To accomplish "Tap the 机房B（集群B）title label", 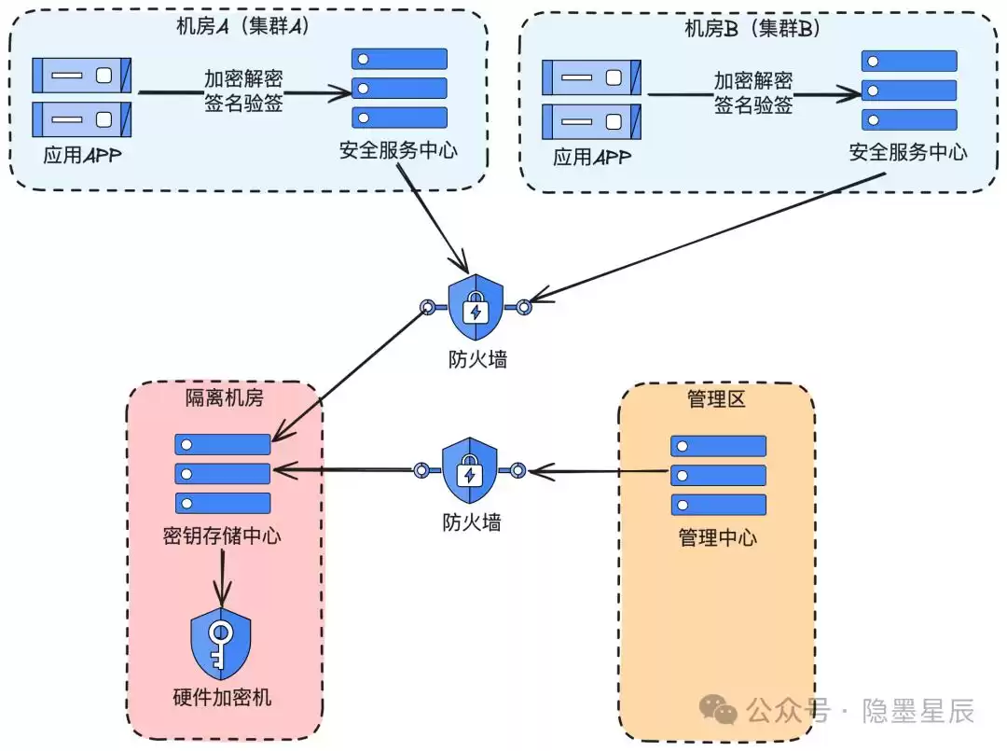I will coord(752,28).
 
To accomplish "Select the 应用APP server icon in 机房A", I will coord(82,97).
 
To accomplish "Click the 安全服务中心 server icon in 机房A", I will coord(399,89).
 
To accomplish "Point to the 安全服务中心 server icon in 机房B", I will coord(909,90).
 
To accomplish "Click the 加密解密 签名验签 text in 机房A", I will coord(243,91).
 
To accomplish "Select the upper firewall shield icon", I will coord(476,308).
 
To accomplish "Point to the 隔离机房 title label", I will coord(224,398).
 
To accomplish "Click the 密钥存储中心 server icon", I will coord(223,474).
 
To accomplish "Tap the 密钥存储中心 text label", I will coord(222,536).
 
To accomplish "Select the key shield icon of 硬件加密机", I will coord(221,644).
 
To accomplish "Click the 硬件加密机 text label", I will coord(222,698).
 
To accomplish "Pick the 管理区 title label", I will coord(716,399).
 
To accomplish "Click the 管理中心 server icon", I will coord(718,475).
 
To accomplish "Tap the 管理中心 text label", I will coord(718,538).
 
